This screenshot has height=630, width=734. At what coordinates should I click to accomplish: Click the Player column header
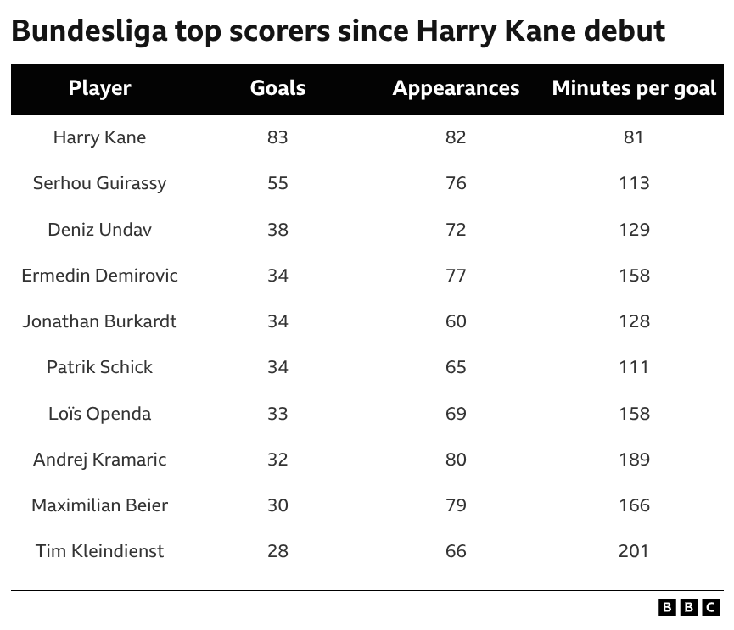point(99,88)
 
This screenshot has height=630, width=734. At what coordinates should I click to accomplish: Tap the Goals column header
point(277,88)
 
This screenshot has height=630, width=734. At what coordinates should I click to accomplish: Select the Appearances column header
point(456,88)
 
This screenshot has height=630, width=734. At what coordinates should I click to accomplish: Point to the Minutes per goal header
point(634,88)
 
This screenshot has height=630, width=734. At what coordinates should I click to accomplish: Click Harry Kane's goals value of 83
point(277,137)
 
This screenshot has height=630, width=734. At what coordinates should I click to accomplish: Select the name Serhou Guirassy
point(99,183)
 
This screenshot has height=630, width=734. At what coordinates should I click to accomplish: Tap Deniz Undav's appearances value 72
point(456,229)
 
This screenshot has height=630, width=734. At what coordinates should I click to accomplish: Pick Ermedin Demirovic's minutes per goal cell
point(634,276)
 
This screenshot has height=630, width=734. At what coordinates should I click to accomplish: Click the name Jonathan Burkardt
point(99,321)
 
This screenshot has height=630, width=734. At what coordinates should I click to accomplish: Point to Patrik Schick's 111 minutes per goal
point(634,367)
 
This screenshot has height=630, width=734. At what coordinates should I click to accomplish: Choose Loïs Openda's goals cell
point(277,414)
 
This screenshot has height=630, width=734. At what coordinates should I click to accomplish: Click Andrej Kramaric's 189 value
point(634,460)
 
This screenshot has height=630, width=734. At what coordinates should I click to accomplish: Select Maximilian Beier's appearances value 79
point(456,505)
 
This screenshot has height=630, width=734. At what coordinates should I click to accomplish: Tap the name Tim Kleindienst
point(99,551)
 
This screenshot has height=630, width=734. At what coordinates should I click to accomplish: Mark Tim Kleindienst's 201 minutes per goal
point(634,551)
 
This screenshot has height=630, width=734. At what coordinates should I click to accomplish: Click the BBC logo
point(689,607)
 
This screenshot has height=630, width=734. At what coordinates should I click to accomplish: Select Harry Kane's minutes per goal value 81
point(634,137)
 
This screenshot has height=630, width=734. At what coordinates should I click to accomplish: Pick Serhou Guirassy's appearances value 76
point(456,183)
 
